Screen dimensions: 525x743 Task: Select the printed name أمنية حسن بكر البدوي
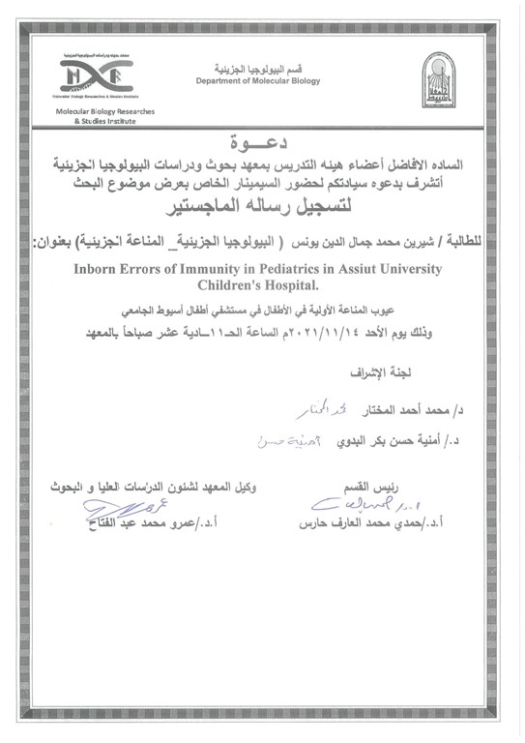[366, 446]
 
